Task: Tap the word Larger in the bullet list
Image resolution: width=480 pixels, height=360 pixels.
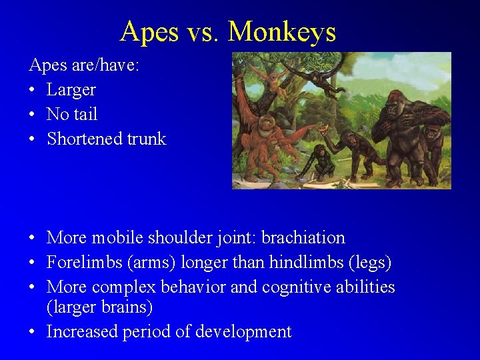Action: (71, 89)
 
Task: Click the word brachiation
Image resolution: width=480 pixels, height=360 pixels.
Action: (303, 238)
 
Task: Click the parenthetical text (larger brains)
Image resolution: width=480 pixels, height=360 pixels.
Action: (99, 307)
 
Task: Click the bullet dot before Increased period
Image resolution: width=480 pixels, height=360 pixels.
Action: (32, 332)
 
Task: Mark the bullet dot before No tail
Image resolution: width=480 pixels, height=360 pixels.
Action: (32, 115)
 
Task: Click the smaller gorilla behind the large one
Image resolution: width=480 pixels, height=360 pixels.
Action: (433, 143)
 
